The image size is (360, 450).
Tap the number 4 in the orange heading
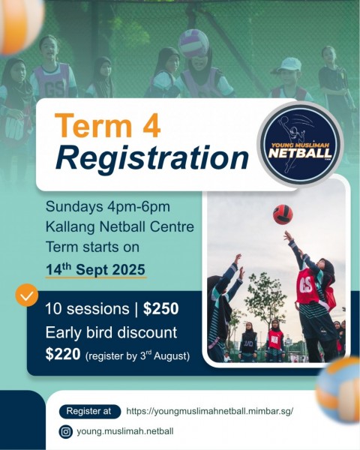pos(149,126)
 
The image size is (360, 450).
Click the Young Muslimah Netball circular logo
pos(300,142)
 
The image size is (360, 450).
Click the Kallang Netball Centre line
pos(119,226)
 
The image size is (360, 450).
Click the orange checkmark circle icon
pos(26,295)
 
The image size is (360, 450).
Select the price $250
pos(160,308)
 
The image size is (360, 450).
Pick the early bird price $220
pos(62,353)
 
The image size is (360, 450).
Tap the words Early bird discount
pos(111,331)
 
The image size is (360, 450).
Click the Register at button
pos(88,411)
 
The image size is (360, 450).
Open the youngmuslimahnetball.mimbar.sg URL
pos(209,411)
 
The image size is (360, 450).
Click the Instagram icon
pos(66,431)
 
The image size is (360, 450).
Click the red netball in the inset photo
pos(283,214)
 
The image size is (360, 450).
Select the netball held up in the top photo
pos(193,43)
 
